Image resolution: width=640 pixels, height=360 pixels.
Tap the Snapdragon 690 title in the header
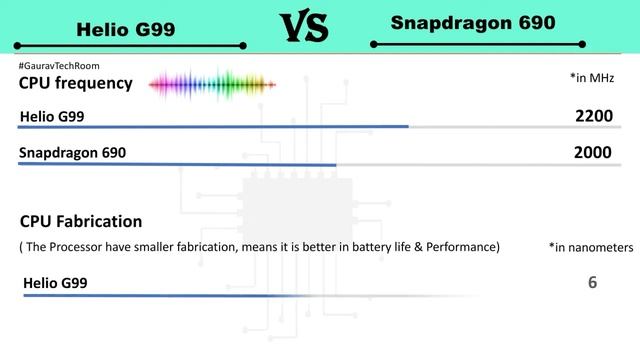(x=473, y=23)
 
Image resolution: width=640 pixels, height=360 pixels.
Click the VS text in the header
(x=301, y=27)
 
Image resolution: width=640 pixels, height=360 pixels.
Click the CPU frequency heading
(x=75, y=83)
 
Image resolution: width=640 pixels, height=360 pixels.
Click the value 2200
(x=593, y=117)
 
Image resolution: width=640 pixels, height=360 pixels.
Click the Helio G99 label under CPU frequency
(x=52, y=117)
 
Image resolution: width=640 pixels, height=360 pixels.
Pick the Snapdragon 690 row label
(x=73, y=153)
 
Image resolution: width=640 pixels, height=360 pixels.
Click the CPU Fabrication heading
(x=81, y=221)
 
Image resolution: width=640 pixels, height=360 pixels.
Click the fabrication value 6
(x=593, y=283)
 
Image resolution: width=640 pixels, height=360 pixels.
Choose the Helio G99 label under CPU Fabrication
(x=55, y=283)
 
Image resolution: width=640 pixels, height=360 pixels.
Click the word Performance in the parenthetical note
(x=459, y=246)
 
